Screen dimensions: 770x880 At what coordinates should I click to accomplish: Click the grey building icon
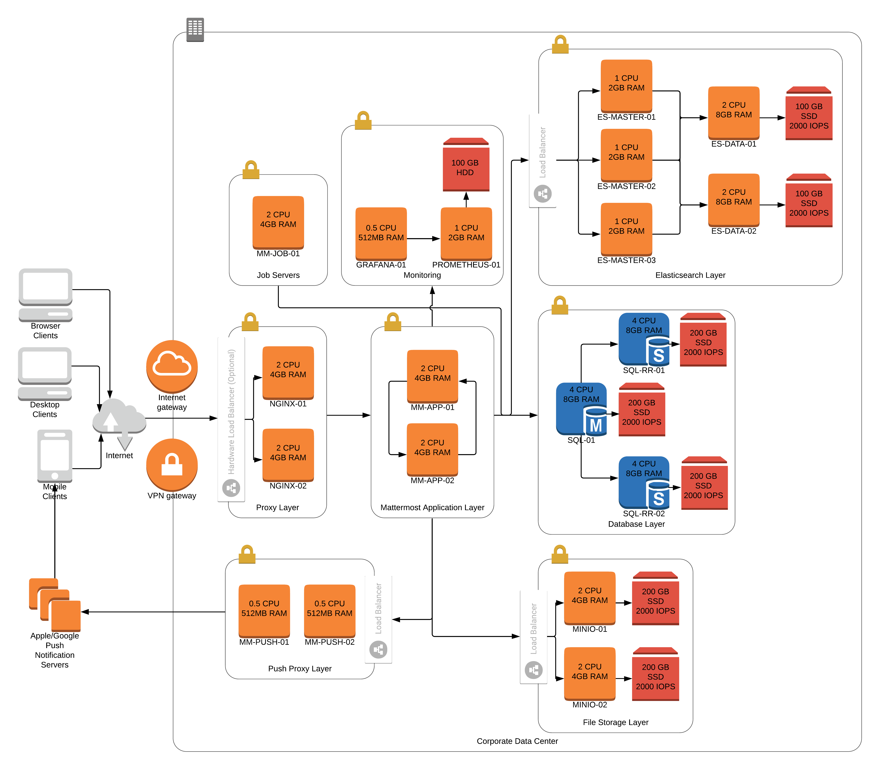tap(195, 29)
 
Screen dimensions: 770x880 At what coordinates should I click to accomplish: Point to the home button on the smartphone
tap(55, 476)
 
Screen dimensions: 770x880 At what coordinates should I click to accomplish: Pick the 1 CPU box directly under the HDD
tap(466, 233)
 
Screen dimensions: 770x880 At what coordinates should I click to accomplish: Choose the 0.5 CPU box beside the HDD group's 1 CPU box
tap(381, 233)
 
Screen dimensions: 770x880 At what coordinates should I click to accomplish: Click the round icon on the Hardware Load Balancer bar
tap(231, 488)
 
